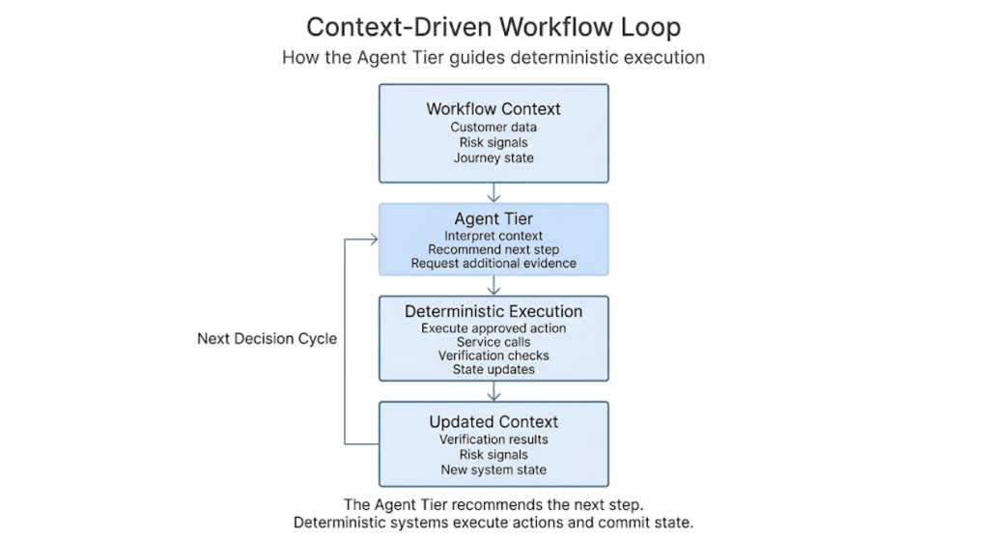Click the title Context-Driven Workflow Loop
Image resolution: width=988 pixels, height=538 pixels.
(494, 26)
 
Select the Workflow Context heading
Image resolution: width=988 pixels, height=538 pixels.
(494, 109)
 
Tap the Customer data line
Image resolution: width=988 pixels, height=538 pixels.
(494, 127)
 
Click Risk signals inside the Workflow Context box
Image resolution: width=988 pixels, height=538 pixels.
(494, 143)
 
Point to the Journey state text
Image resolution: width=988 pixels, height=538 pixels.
(494, 158)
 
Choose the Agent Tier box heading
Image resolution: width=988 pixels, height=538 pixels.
(494, 219)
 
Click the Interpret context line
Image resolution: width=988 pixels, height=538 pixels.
(494, 236)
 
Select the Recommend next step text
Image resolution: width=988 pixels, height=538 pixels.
(494, 249)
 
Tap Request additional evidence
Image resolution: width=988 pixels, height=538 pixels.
(494, 263)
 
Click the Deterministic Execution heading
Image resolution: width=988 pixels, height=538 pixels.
(494, 312)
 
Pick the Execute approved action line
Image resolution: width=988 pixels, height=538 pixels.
(494, 328)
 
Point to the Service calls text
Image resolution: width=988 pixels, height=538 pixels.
(494, 342)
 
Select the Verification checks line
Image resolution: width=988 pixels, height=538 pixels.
(494, 355)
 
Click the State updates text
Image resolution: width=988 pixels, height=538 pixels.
(494, 369)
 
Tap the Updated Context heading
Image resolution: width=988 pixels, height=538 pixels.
(494, 422)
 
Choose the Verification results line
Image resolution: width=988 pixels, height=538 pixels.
(494, 439)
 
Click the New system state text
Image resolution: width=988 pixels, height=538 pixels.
(494, 470)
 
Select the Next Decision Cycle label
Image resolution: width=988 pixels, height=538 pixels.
(267, 339)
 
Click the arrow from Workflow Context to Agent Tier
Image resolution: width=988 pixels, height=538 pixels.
(494, 192)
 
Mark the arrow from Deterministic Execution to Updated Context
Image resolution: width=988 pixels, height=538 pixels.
(494, 391)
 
